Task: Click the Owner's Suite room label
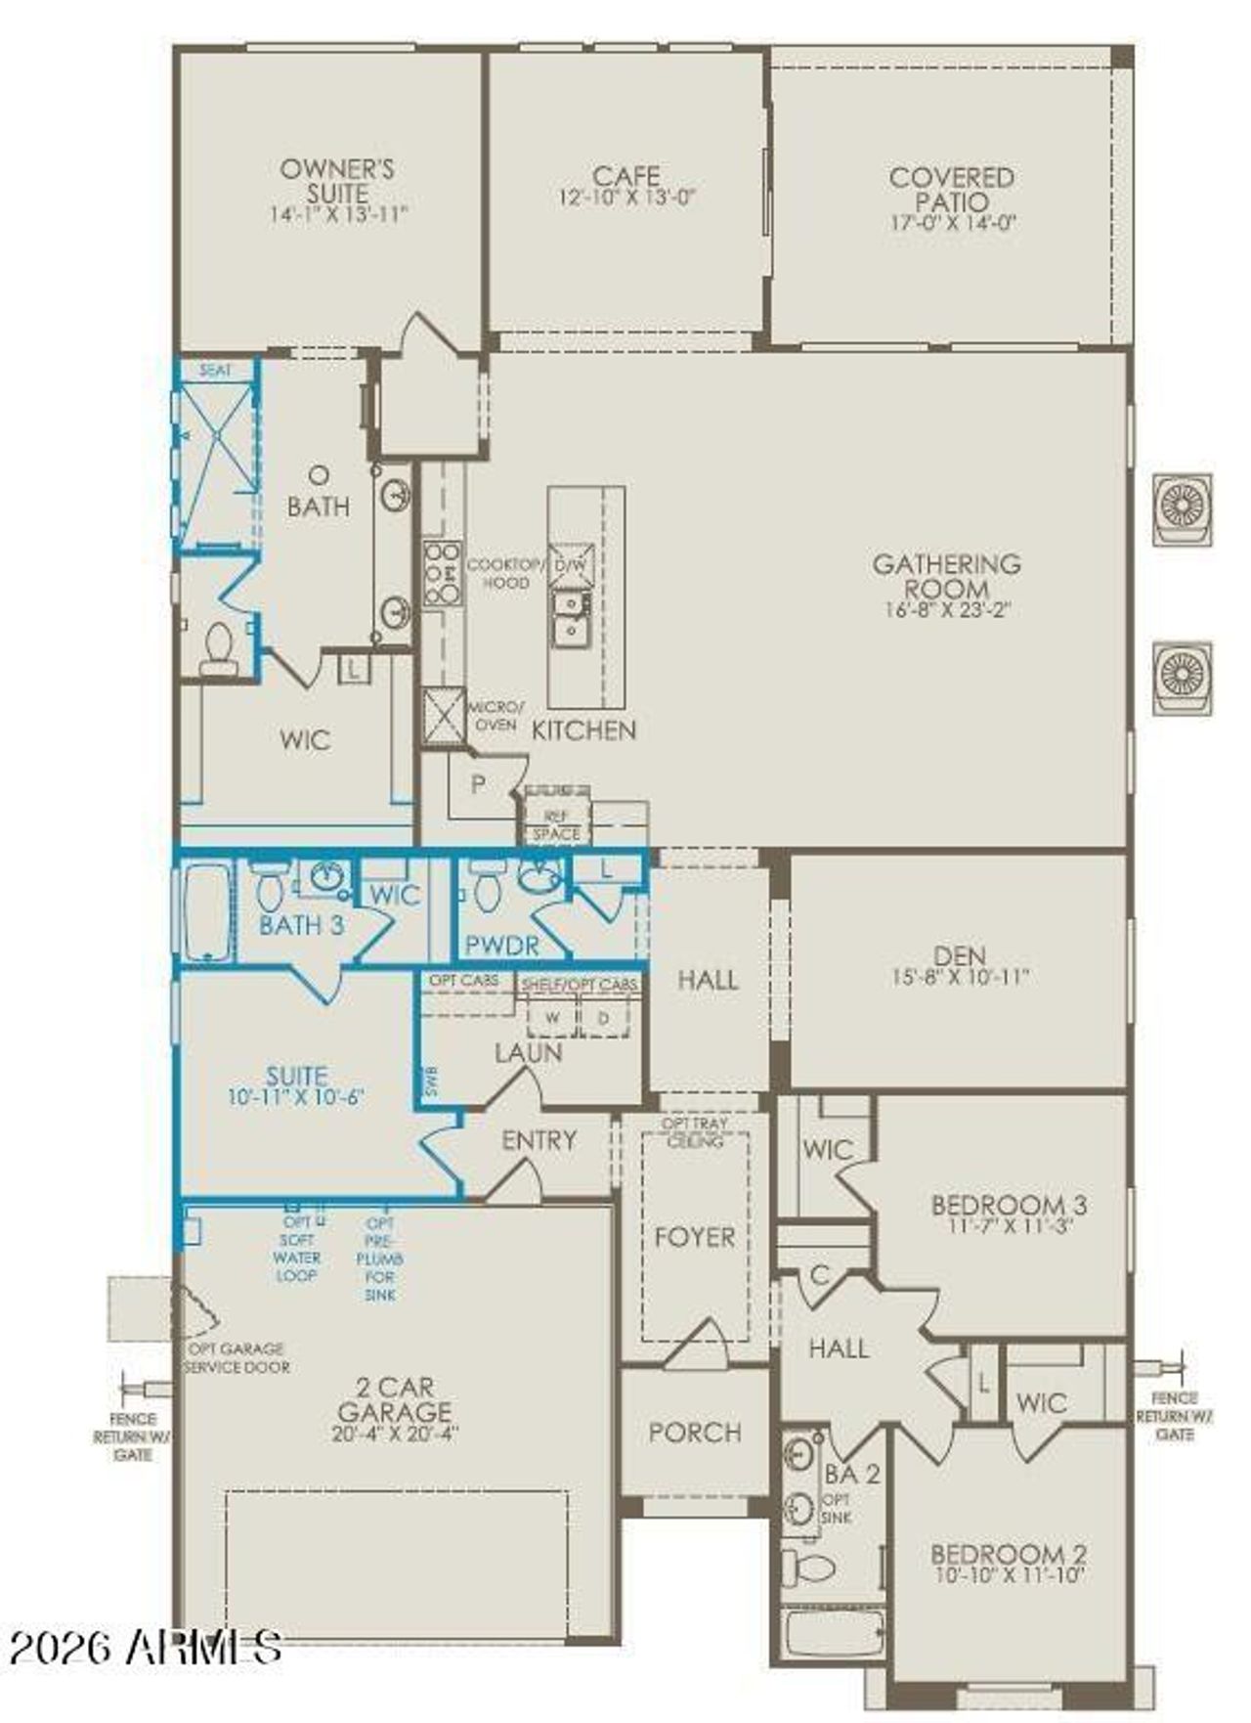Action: point(337,181)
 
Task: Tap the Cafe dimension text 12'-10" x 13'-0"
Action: point(625,198)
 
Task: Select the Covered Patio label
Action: point(951,190)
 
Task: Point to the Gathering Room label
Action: point(946,576)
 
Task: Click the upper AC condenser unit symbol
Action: point(1182,508)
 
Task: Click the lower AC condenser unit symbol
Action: point(1182,677)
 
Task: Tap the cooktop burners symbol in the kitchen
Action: point(442,573)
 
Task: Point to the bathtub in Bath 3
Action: point(206,909)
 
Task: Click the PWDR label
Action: point(502,946)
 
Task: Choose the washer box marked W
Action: point(552,1017)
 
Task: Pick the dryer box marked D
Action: point(604,1017)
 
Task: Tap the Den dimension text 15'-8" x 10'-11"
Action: point(959,976)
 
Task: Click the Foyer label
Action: point(694,1237)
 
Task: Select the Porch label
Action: point(695,1433)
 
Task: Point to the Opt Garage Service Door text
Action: point(237,1358)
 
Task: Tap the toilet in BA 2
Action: point(812,1568)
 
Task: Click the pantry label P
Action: point(478,784)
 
